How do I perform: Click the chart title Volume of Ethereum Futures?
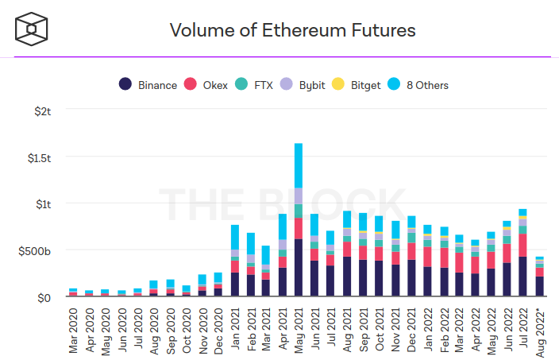coord(293,31)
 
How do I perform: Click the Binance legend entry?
coord(148,84)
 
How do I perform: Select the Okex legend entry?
coord(206,84)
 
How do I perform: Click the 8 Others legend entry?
coord(419,84)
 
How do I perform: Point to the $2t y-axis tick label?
coord(41,110)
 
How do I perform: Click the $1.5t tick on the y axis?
coord(37,157)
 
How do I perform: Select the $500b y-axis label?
coord(35,250)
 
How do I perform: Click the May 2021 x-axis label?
coord(299,326)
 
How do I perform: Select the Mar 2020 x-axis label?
coord(74,326)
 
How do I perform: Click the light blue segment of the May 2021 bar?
coord(299,165)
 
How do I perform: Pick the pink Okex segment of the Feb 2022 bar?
coord(445,257)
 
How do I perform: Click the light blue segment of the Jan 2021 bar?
coord(235,237)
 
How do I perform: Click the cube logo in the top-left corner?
coord(33,29)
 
